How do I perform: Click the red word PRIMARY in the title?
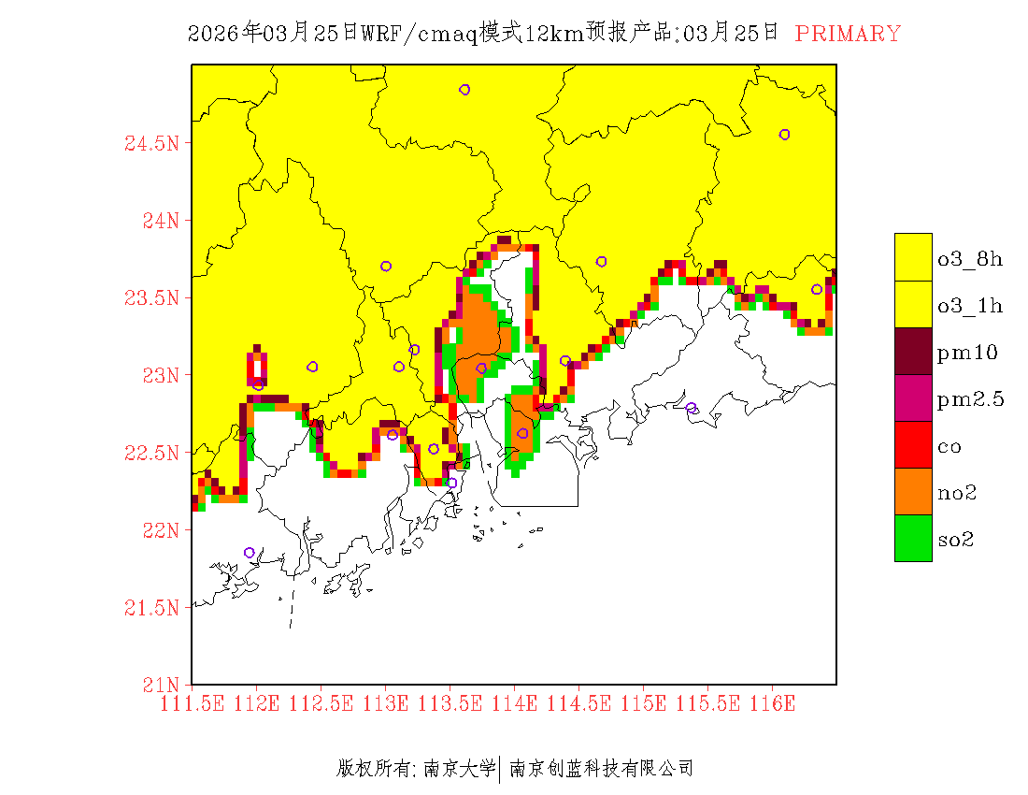point(848,34)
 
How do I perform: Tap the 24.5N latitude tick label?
point(150,144)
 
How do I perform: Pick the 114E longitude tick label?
point(514,703)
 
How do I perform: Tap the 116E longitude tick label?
point(772,703)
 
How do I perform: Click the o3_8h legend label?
point(970,259)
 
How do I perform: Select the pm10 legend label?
point(967,353)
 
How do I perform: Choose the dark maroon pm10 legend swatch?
point(913,351)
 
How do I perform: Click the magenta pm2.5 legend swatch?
point(913,397)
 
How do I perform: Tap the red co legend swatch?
point(913,444)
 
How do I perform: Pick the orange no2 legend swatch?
point(913,491)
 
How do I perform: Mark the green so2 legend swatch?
point(913,538)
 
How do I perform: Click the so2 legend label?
point(957,540)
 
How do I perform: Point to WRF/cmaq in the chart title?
point(421,34)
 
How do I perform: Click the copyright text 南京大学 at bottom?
point(459,769)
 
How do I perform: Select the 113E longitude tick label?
point(386,703)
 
